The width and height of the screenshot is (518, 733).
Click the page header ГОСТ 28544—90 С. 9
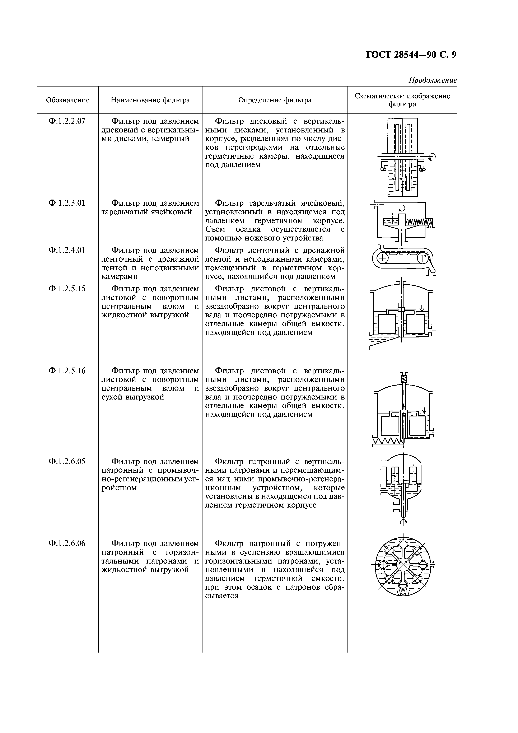click(x=411, y=55)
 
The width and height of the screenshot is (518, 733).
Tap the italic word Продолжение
click(x=433, y=80)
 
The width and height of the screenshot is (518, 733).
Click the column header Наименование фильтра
click(x=150, y=100)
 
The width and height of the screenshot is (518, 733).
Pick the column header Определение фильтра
click(x=275, y=100)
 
